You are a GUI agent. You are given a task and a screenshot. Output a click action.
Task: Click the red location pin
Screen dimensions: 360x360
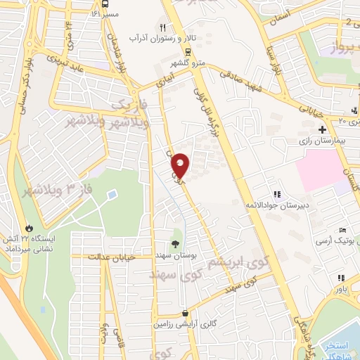coord(181,165)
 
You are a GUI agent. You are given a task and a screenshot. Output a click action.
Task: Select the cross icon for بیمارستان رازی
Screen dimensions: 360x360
coord(322,130)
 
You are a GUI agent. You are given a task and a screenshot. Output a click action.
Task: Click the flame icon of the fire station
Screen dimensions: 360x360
coord(29,229)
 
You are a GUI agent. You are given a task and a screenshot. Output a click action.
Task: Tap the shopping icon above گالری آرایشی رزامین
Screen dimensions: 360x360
coord(184,314)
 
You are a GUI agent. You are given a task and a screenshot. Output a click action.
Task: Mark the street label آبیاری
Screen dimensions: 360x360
coord(168,80)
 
